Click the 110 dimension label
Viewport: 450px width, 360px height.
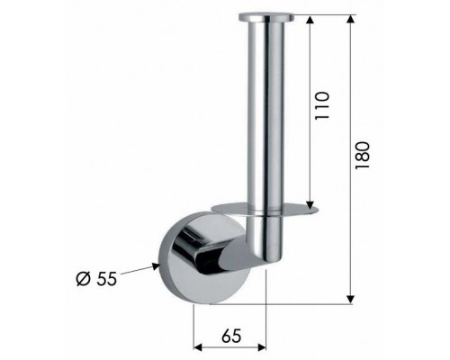(x=322, y=105)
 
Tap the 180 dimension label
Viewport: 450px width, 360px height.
(x=362, y=156)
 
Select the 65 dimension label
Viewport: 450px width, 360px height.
(x=231, y=336)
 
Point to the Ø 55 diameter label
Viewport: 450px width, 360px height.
(x=96, y=279)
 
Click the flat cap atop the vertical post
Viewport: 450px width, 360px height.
(x=266, y=17)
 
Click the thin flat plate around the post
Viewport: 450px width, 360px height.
(x=264, y=210)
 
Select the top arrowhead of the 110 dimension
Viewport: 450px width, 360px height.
(x=310, y=20)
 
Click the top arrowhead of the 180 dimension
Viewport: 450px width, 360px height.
(x=350, y=19)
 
